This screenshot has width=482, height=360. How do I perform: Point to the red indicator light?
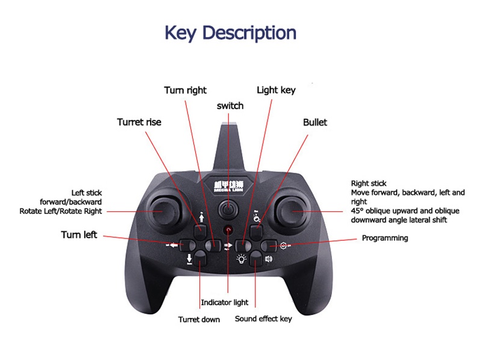pos(228,230)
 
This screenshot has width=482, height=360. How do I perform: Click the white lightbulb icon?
pos(241,259)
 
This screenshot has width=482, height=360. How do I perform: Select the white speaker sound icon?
pos(268,259)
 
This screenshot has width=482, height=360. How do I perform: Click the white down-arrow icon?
pos(189,259)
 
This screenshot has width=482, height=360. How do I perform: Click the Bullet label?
pos(315,122)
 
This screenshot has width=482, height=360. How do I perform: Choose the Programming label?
pos(384,238)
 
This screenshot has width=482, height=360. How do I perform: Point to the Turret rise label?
pos(139,122)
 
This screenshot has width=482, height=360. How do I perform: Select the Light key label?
pos(276,90)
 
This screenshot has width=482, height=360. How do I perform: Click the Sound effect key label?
pos(263,318)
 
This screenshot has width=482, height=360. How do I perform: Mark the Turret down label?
pos(199,319)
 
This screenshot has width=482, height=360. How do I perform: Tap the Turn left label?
pos(79,234)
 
